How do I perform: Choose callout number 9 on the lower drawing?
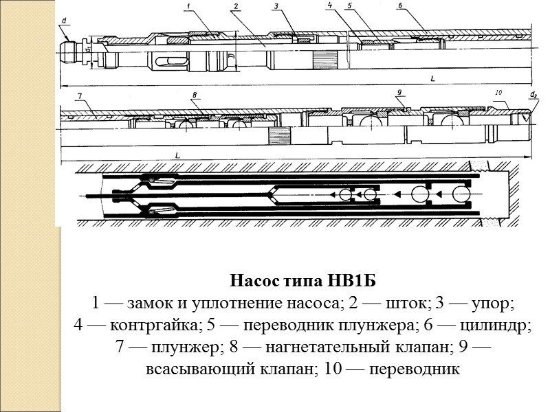(x=399, y=93)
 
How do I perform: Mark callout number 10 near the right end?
(x=499, y=92)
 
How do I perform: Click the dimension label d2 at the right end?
(x=533, y=95)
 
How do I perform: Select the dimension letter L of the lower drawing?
(x=177, y=156)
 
